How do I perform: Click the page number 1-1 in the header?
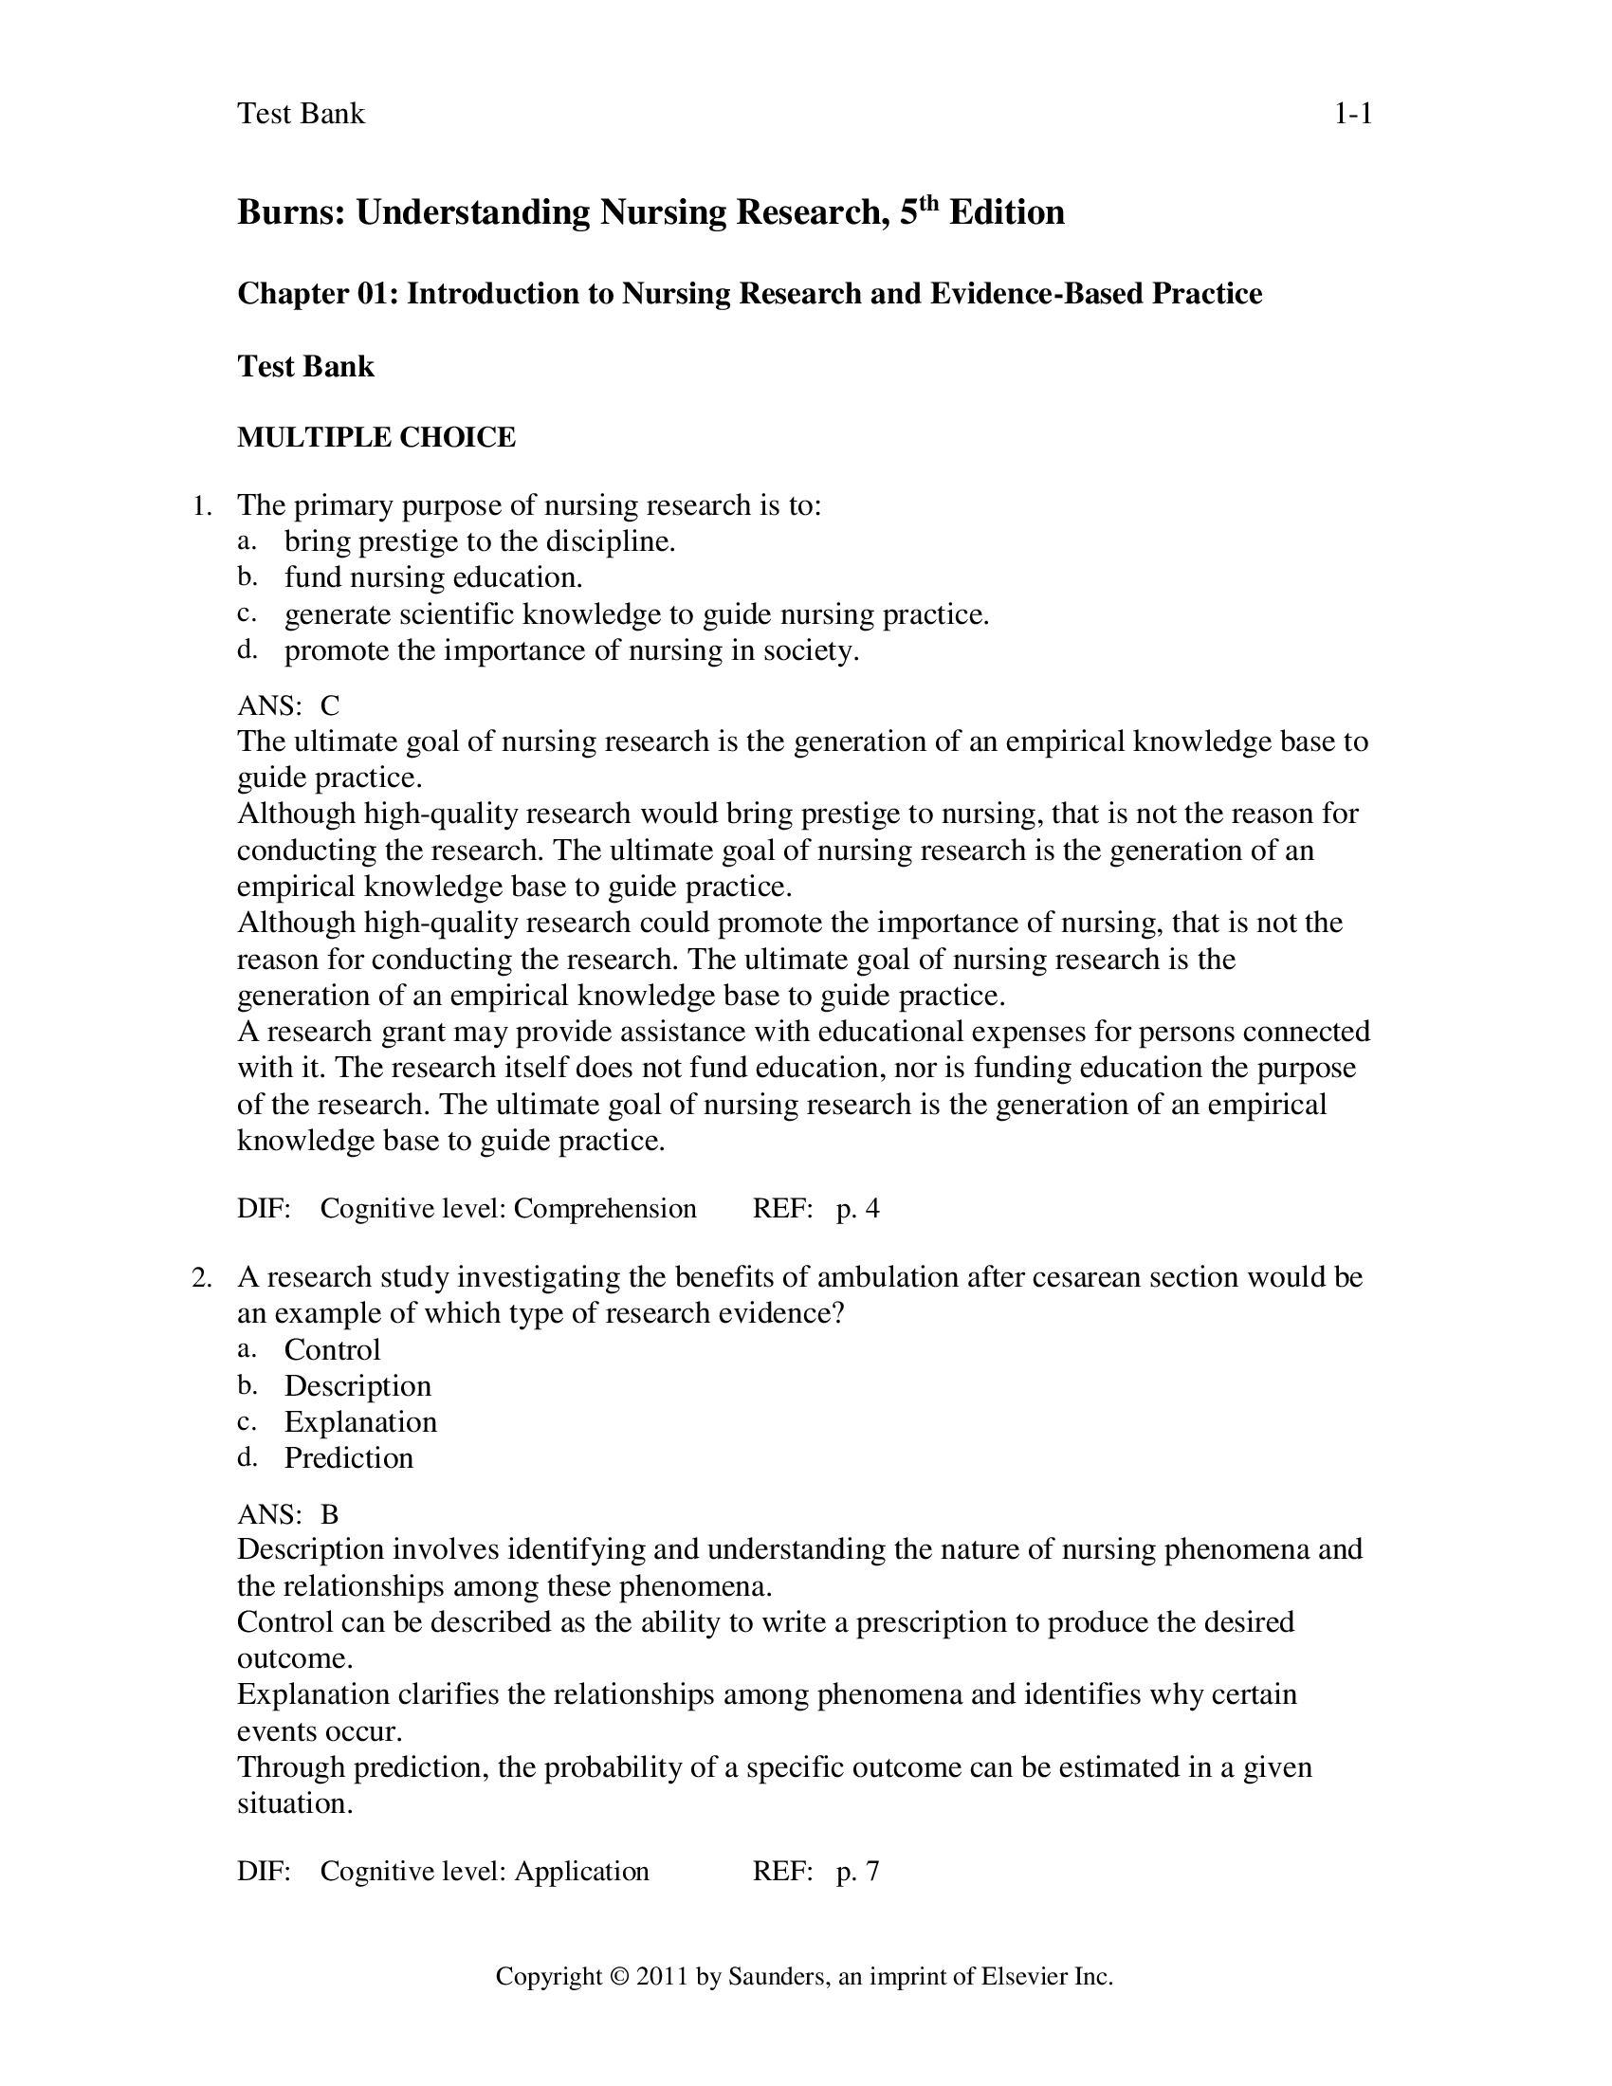pyautogui.click(x=1352, y=115)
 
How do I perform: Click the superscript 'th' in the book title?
pyautogui.click(x=929, y=202)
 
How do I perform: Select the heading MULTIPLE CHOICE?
pyautogui.click(x=376, y=437)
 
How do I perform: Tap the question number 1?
pyautogui.click(x=201, y=506)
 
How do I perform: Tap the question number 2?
pyautogui.click(x=200, y=1277)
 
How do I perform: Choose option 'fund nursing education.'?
pyautogui.click(x=433, y=577)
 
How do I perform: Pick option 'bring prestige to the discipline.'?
pyautogui.click(x=480, y=541)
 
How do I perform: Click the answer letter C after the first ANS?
pyautogui.click(x=329, y=705)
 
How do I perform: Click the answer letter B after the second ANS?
pyautogui.click(x=329, y=1515)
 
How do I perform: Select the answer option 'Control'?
pyautogui.click(x=332, y=1349)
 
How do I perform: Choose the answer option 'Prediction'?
pyautogui.click(x=349, y=1458)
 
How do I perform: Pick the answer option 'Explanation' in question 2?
pyautogui.click(x=360, y=1422)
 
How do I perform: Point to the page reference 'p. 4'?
pyautogui.click(x=857, y=1209)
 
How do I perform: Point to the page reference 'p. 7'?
pyautogui.click(x=857, y=1871)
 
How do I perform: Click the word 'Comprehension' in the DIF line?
pyautogui.click(x=605, y=1209)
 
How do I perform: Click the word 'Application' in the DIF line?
pyautogui.click(x=581, y=1871)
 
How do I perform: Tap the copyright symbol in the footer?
pyautogui.click(x=620, y=1977)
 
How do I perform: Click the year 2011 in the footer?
pyautogui.click(x=662, y=1977)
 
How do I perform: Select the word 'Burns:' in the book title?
pyautogui.click(x=291, y=212)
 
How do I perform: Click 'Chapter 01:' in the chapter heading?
pyautogui.click(x=318, y=294)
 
